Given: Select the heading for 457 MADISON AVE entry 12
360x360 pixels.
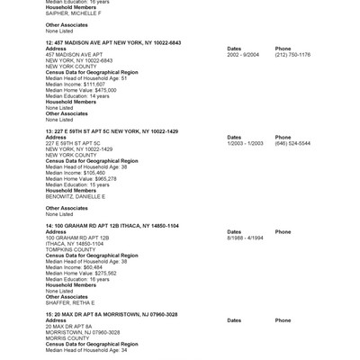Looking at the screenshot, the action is (112, 42).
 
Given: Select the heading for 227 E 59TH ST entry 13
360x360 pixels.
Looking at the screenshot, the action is (112, 131).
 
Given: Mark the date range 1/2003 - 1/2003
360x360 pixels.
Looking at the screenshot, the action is (245, 143).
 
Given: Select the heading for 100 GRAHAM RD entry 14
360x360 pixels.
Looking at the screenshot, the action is (112, 225).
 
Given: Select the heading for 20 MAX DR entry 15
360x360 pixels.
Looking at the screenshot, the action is (112, 314).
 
